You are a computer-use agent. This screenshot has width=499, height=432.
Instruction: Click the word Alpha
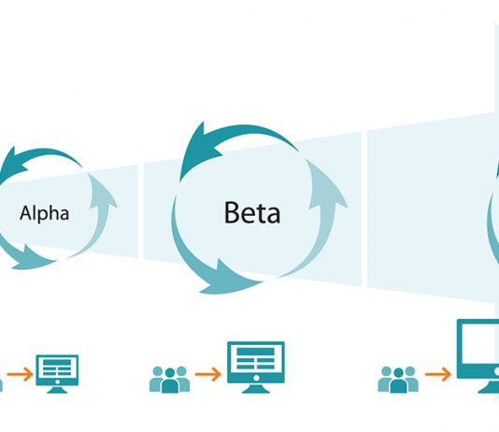coord(44,213)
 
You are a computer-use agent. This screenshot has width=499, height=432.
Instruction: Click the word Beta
coord(252,212)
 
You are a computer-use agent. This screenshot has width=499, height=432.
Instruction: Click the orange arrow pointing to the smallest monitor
coord(20,374)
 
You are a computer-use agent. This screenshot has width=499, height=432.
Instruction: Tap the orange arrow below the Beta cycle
coord(207,374)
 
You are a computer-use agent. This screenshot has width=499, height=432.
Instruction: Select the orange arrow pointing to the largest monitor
coord(438,374)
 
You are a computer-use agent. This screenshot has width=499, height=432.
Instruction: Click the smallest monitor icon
coord(57,374)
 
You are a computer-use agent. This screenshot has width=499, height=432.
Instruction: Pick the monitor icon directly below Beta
coord(256,367)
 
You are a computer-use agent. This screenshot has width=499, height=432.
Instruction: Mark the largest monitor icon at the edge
coord(478,356)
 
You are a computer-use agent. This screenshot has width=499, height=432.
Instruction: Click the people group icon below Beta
coord(170,380)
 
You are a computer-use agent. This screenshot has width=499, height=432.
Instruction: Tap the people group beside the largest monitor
coord(398,380)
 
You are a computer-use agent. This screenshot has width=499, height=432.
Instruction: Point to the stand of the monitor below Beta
coord(256,389)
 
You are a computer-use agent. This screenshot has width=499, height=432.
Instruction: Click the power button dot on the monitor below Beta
coord(256,378)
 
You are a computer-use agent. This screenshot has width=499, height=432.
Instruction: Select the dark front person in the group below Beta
coord(170,382)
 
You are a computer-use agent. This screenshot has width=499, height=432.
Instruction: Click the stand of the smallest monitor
coord(57,390)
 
